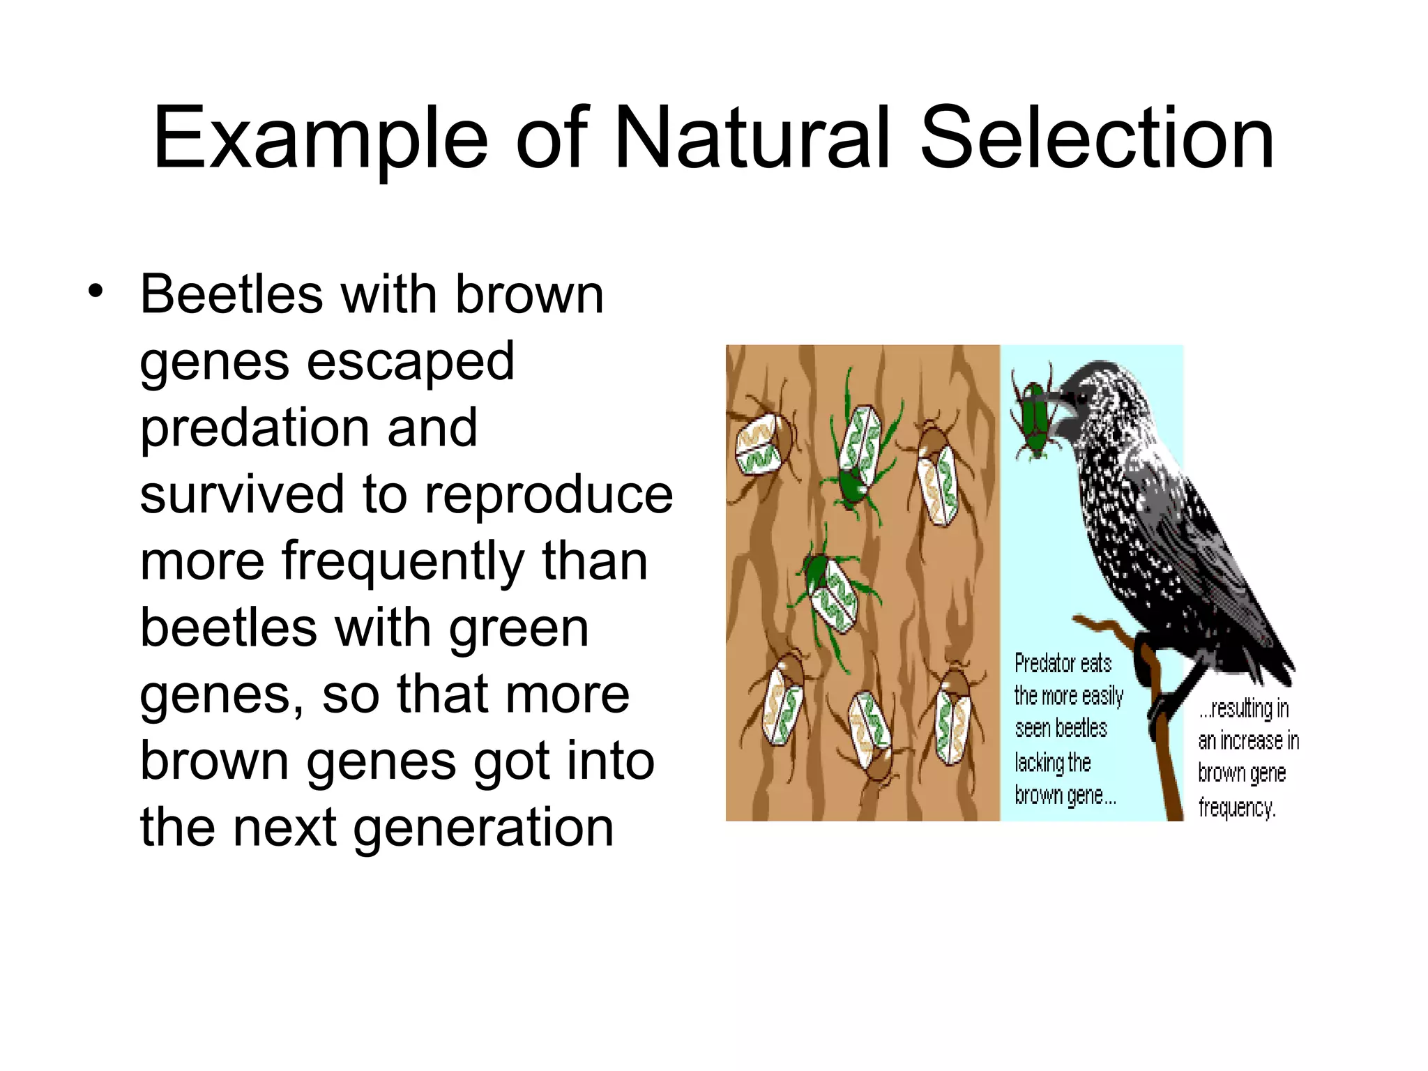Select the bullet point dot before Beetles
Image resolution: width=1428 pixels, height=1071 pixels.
96,291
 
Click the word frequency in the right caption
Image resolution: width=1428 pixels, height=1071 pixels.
1236,807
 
